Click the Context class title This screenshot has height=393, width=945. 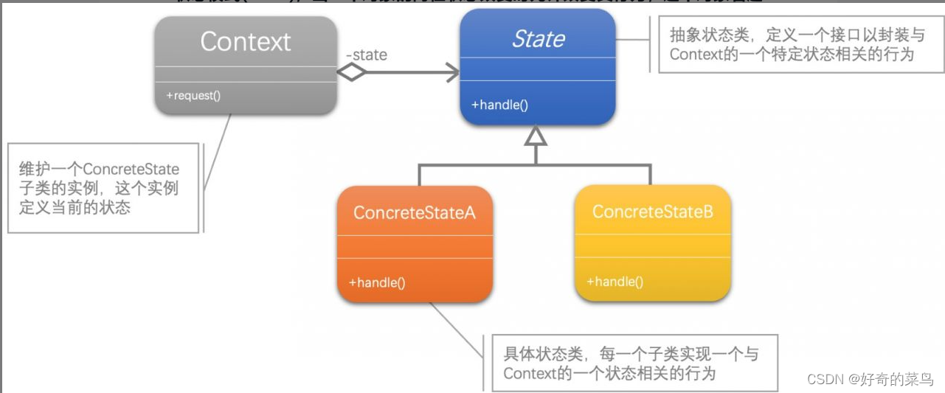click(246, 42)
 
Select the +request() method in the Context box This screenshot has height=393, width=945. click(193, 95)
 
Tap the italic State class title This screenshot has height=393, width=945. click(538, 39)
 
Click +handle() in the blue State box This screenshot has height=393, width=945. click(499, 105)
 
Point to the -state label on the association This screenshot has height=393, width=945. click(366, 55)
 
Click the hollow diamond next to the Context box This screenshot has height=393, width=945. click(351, 72)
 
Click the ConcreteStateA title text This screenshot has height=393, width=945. click(415, 213)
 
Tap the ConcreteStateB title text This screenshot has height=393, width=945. click(652, 212)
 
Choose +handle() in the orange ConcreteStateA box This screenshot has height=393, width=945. click(376, 282)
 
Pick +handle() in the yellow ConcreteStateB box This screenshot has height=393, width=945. click(615, 281)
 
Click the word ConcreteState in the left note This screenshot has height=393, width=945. click(131, 170)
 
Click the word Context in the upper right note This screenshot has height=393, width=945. click(695, 55)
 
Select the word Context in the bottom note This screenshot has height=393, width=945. click(529, 373)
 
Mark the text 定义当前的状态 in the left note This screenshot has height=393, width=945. click(75, 207)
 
